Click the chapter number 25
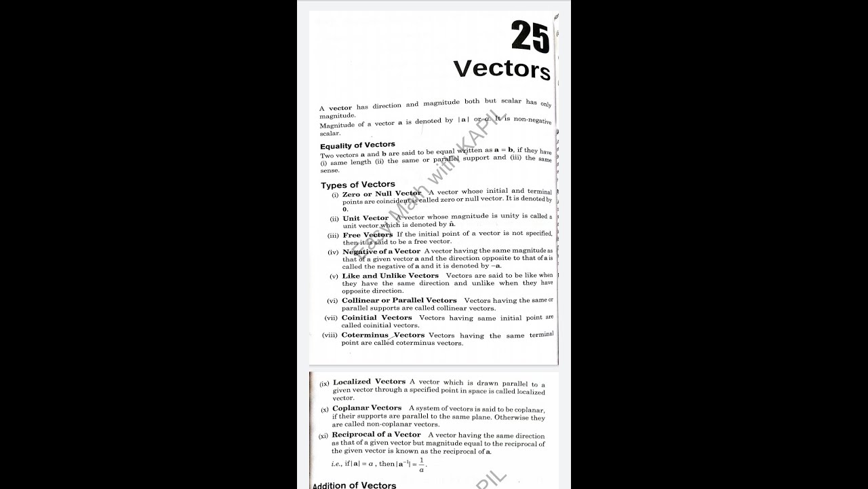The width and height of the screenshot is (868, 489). tap(530, 37)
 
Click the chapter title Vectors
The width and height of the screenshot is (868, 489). tap(501, 69)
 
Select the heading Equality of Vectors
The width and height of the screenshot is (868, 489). tap(357, 145)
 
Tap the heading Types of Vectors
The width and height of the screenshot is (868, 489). tap(358, 185)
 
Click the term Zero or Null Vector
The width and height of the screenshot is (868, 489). tap(382, 194)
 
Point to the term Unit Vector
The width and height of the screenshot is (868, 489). tap(366, 218)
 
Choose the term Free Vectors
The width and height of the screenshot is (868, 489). tap(368, 235)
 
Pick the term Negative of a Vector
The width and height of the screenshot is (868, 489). tap(381, 251)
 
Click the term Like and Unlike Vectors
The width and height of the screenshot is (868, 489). tap(390, 276)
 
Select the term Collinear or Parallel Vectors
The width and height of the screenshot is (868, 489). tap(399, 300)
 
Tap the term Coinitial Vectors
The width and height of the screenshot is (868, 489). tap(376, 317)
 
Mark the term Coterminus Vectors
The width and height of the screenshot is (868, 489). tap(382, 335)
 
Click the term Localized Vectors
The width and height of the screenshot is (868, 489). tap(369, 382)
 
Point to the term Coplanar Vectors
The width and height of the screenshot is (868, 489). tap(367, 408)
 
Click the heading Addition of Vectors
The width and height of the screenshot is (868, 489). tap(354, 485)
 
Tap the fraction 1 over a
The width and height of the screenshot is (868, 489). tap(421, 465)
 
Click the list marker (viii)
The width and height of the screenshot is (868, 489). tap(330, 335)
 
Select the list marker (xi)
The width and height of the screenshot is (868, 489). tap(323, 435)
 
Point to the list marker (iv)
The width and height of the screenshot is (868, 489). tap(333, 252)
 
